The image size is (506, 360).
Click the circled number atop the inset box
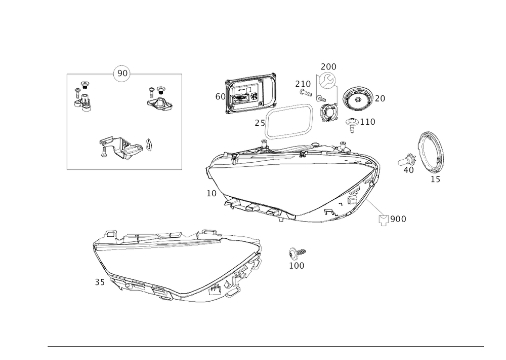(121, 74)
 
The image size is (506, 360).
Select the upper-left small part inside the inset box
(83, 97)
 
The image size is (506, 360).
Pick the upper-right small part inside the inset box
(158, 97)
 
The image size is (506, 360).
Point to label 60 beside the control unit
(219, 96)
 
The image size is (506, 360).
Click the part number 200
(328, 67)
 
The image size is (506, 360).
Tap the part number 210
(303, 83)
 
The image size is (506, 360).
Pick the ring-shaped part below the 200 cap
(328, 111)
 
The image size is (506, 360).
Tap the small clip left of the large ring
(407, 162)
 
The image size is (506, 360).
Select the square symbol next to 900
(384, 220)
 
